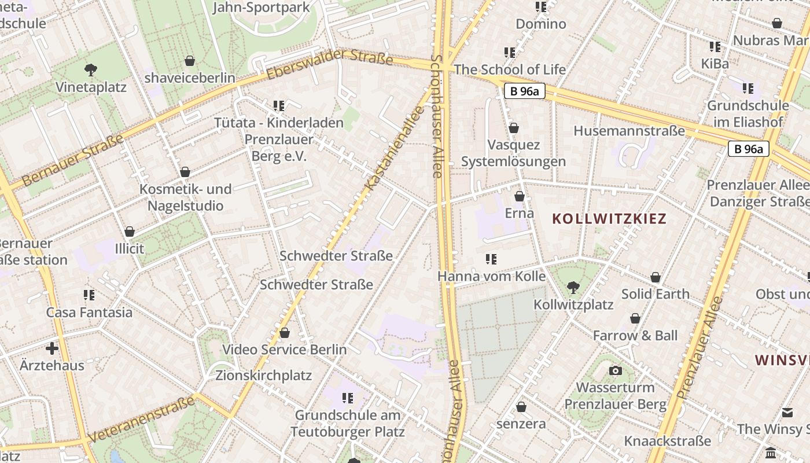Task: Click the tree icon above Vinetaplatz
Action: (x=90, y=70)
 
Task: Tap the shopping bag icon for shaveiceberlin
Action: (x=189, y=61)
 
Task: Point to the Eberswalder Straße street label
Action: (x=330, y=64)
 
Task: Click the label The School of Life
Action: (x=510, y=69)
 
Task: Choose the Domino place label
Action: (x=540, y=24)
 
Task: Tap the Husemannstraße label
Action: (x=629, y=131)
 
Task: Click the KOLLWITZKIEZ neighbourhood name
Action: (x=609, y=219)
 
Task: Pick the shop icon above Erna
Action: (x=519, y=196)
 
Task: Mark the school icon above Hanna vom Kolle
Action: (x=491, y=259)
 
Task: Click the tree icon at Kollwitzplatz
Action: (x=573, y=286)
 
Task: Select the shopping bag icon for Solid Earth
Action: (x=655, y=277)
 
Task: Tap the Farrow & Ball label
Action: (x=635, y=336)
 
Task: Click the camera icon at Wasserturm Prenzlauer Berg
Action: (x=616, y=370)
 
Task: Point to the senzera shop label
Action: (x=521, y=424)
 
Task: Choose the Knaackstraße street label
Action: (x=667, y=441)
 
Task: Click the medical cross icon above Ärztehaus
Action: (x=52, y=348)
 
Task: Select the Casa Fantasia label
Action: (x=89, y=313)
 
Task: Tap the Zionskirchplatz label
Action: (x=263, y=376)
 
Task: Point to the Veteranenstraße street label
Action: (x=142, y=419)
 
